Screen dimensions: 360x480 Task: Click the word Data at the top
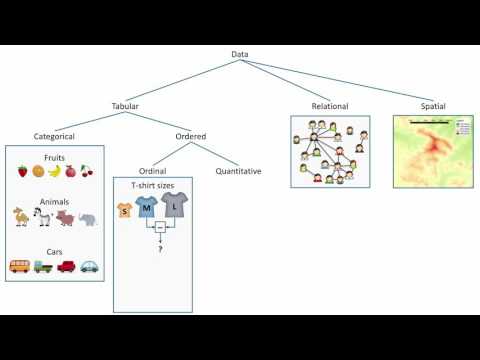pyautogui.click(x=240, y=54)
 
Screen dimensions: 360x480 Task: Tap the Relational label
pyautogui.click(x=330, y=104)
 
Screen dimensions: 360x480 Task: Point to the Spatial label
pyautogui.click(x=434, y=104)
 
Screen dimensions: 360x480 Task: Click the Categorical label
pyautogui.click(x=54, y=137)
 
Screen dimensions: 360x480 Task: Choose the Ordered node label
pyautogui.click(x=190, y=137)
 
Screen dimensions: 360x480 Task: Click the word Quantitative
pyautogui.click(x=238, y=171)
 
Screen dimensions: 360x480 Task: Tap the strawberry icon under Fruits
pyautogui.click(x=22, y=171)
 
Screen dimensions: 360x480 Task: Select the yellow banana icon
pyautogui.click(x=54, y=171)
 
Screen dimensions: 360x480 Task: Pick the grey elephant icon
pyautogui.click(x=88, y=218)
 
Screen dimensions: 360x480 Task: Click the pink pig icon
pyautogui.click(x=66, y=218)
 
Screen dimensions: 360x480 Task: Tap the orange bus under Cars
pyautogui.click(x=19, y=266)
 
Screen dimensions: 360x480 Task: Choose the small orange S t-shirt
pyautogui.click(x=125, y=210)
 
